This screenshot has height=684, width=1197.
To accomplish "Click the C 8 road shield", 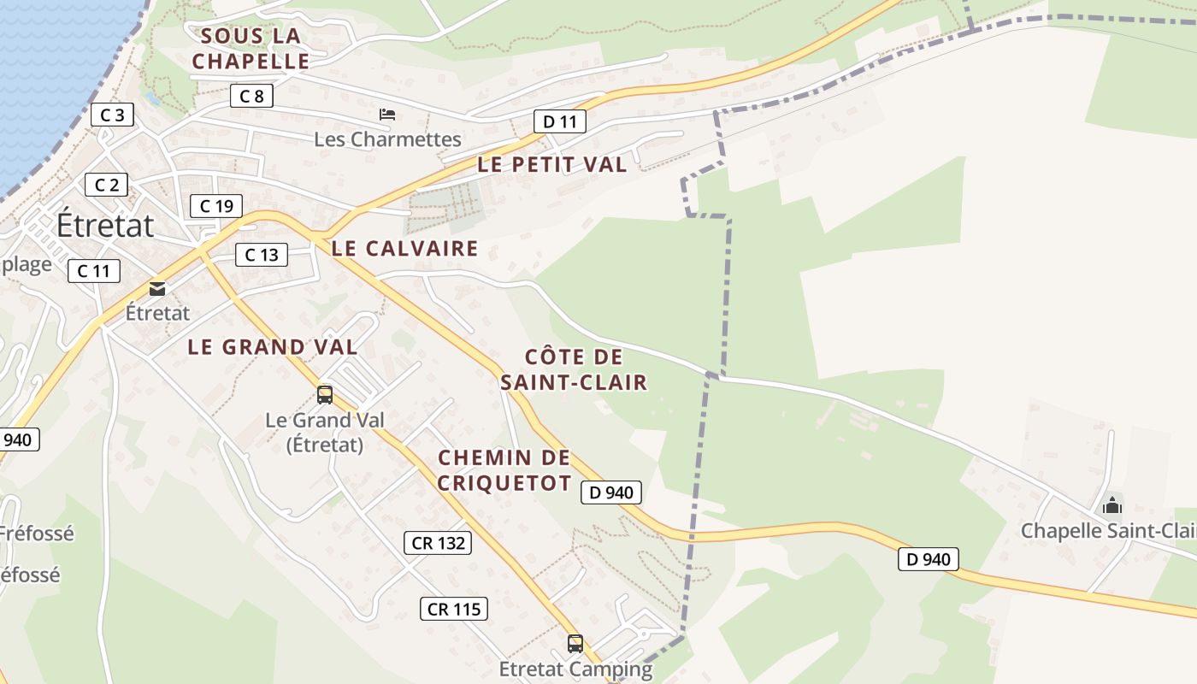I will pos(251,96).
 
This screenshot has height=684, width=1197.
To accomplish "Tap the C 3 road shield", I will pos(112,115).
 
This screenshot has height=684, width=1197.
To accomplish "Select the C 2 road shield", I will pos(106,185).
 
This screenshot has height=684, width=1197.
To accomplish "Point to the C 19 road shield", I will pos(216,206).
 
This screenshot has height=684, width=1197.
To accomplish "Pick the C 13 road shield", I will pos(262,254).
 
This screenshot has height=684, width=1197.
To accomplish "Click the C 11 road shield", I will pos(94,271).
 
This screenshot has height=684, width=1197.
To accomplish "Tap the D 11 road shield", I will pos(560,121).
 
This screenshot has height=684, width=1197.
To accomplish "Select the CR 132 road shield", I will pos(438,542).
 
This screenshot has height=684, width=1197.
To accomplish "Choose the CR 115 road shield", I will pos(454,609).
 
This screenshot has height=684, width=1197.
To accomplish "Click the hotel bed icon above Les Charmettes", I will pos(387,114).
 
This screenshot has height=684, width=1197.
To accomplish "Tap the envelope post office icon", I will pos(157,289).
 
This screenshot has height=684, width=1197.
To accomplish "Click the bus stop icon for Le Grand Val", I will pos(325,394).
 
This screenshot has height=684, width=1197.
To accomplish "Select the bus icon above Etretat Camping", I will pos(575,643).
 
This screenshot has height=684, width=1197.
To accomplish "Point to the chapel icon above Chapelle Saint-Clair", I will pos(1112,505).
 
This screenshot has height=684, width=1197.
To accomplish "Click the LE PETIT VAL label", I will pos(552,165).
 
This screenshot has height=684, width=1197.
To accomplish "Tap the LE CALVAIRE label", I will pos(404,249).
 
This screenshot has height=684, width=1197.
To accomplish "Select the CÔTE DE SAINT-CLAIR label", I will pos(574,369).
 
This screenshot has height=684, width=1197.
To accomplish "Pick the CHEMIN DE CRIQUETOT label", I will pos(504,470).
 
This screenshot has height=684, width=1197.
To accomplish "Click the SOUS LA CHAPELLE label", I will pos(251,49).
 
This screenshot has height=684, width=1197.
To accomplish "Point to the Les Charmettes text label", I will pos(387,139).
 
